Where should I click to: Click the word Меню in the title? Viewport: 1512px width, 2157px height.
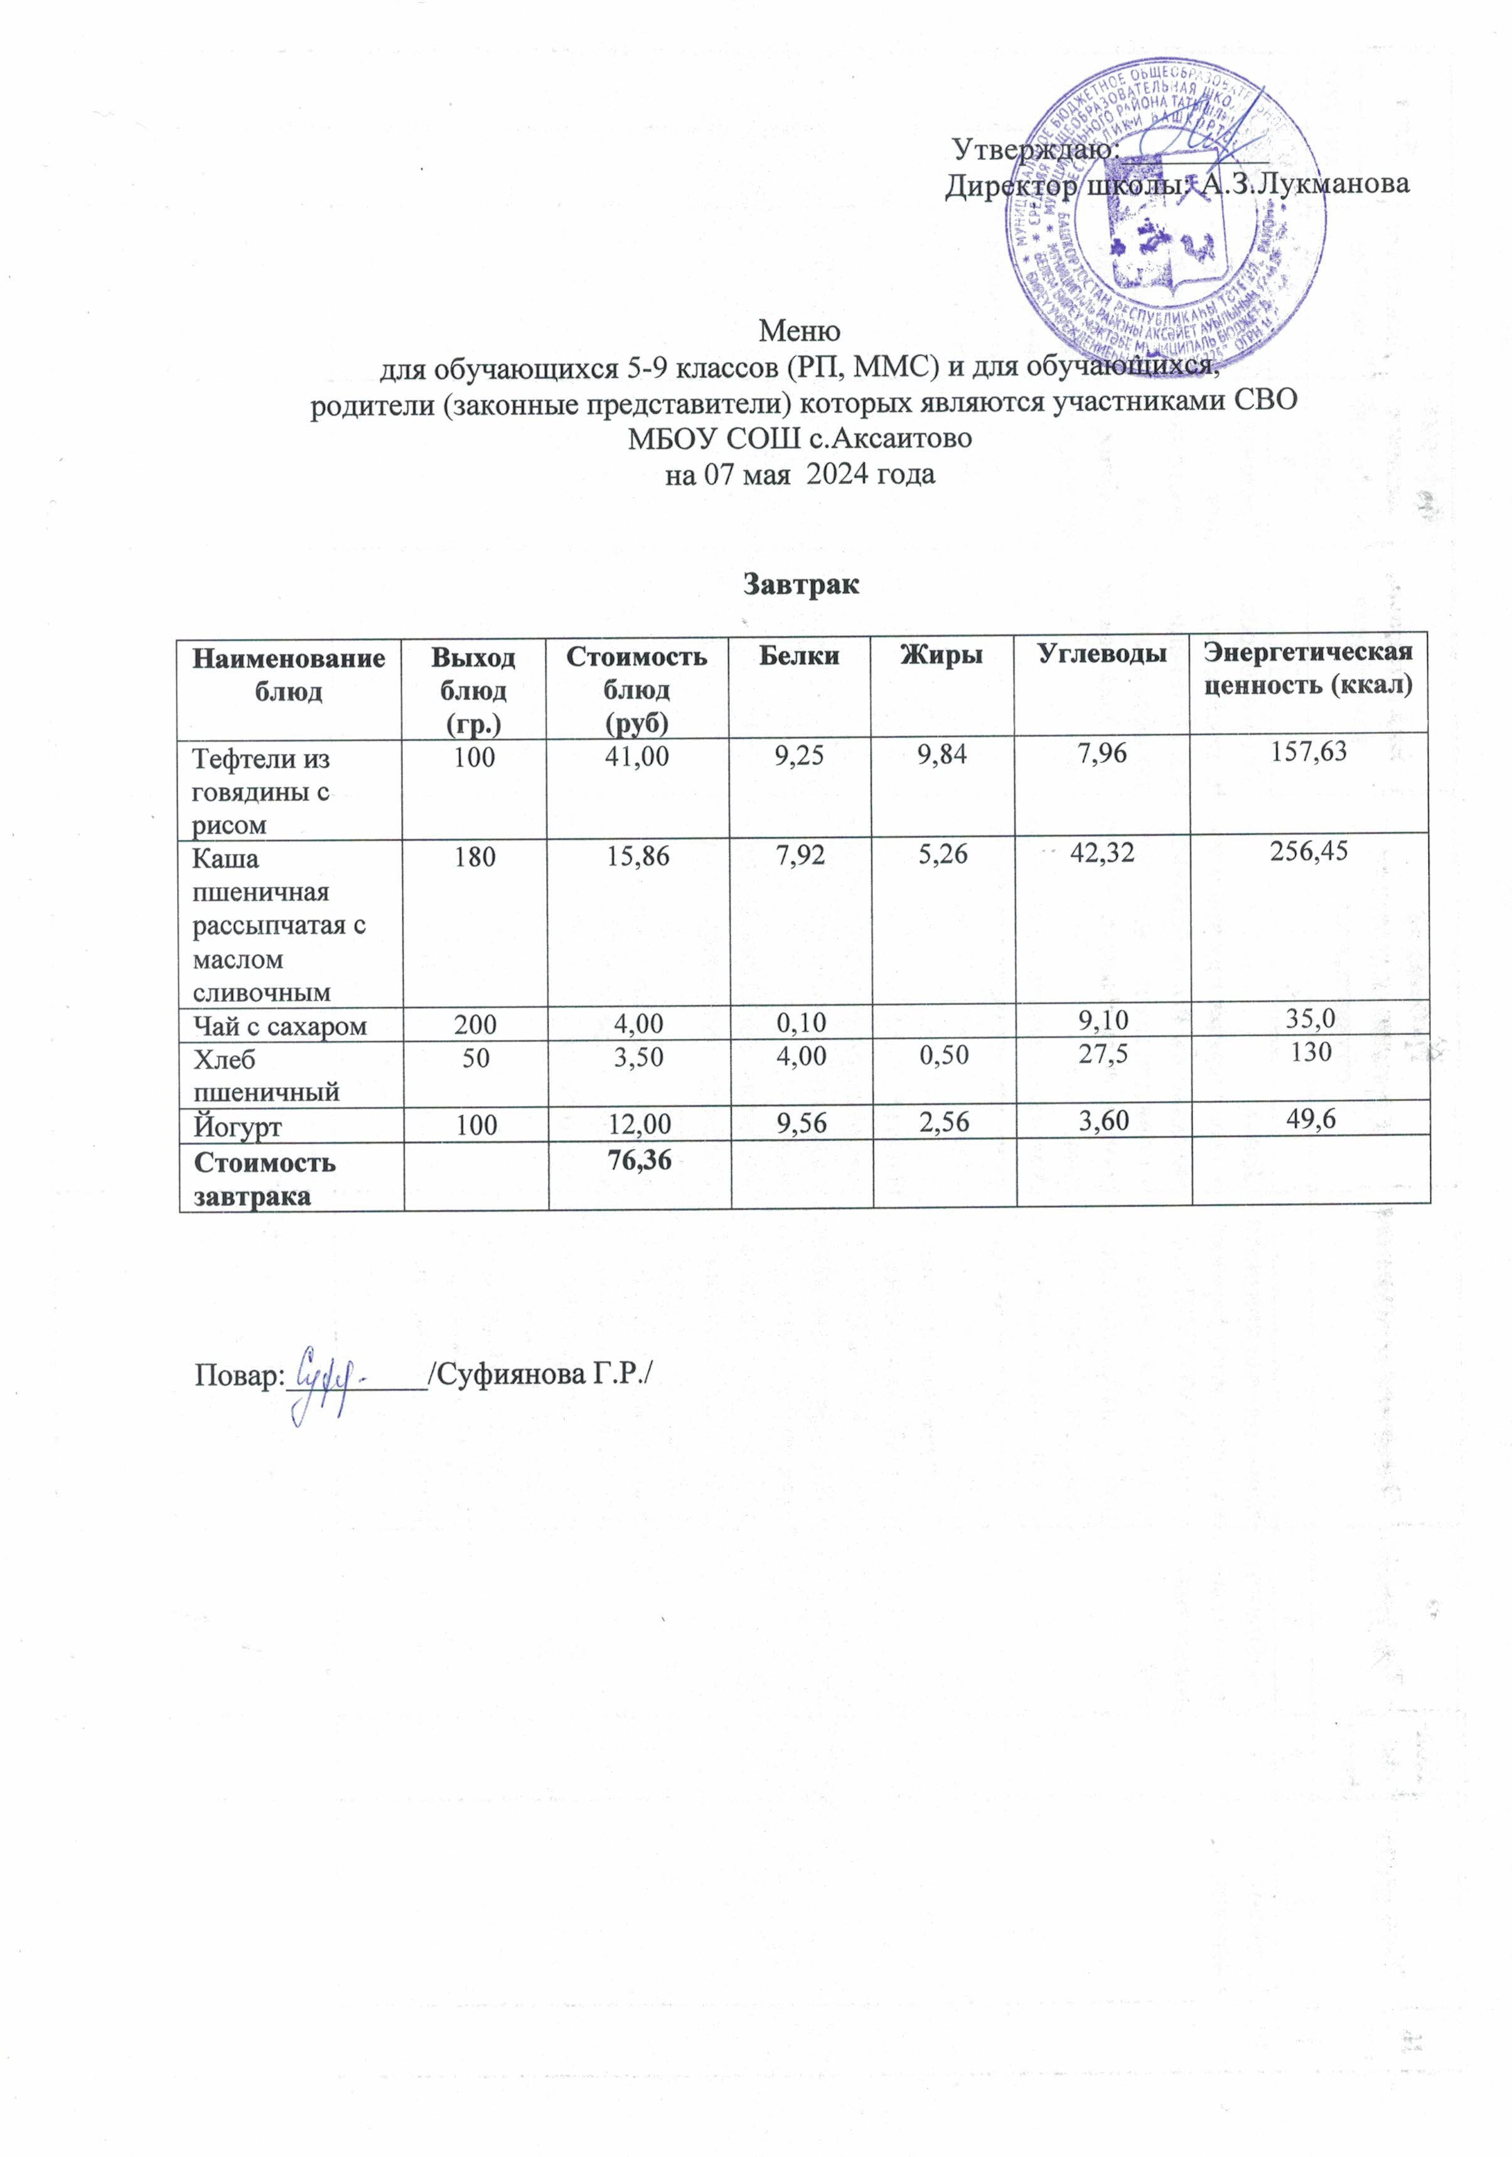799,331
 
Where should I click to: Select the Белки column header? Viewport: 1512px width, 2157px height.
801,656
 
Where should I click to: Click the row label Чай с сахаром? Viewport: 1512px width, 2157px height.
279,1026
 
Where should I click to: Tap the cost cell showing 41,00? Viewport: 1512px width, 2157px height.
638,755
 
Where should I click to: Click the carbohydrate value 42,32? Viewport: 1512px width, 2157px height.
1103,853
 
